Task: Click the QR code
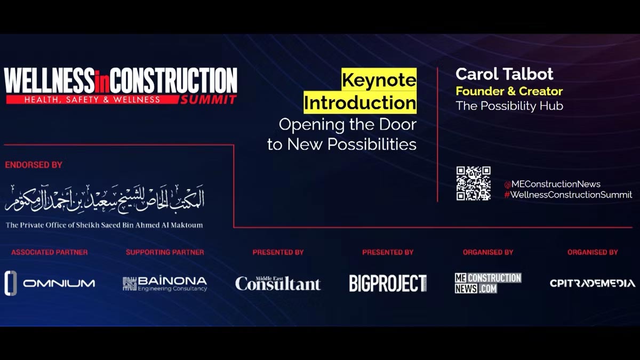[x=474, y=183]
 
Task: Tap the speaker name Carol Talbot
[x=505, y=74]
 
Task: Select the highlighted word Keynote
[x=379, y=79]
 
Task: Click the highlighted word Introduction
[x=360, y=102]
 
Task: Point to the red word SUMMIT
[x=209, y=100]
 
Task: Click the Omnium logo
[x=50, y=283]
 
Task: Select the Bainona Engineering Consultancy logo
[x=165, y=284]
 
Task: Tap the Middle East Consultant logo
[x=278, y=283]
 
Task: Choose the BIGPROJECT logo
[x=388, y=283]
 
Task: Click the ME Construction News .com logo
[x=488, y=283]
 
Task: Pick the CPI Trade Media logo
[x=593, y=283]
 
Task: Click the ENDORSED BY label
[x=34, y=165]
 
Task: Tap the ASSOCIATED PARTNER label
[x=50, y=252]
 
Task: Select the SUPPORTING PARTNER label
[x=165, y=252]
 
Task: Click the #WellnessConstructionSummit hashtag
[x=568, y=195]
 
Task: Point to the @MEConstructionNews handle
[x=553, y=184]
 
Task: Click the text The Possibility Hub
[x=509, y=106]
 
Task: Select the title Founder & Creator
[x=509, y=91]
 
